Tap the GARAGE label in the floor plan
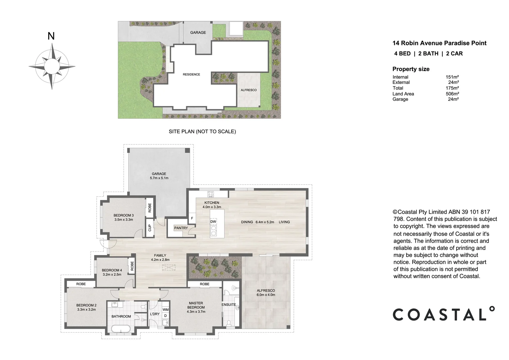pyautogui.click(x=159, y=174)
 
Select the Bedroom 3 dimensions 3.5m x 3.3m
pyautogui.click(x=124, y=220)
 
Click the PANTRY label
pyautogui.click(x=181, y=228)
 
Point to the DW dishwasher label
pyautogui.click(x=213, y=222)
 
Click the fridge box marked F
pyautogui.click(x=192, y=219)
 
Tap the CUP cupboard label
pyautogui.click(x=150, y=228)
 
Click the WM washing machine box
pyautogui.click(x=166, y=310)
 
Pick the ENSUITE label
pyautogui.click(x=229, y=305)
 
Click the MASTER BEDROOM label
pyautogui.click(x=196, y=305)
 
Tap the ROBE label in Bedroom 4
pyautogui.click(x=132, y=266)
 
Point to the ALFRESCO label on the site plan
pyautogui.click(x=249, y=90)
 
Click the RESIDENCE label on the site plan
pyautogui.click(x=191, y=74)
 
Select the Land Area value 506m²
pyautogui.click(x=452, y=94)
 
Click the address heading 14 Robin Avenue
pyautogui.click(x=439, y=43)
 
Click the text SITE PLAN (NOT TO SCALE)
pyautogui.click(x=202, y=131)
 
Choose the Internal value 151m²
pyautogui.click(x=452, y=77)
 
